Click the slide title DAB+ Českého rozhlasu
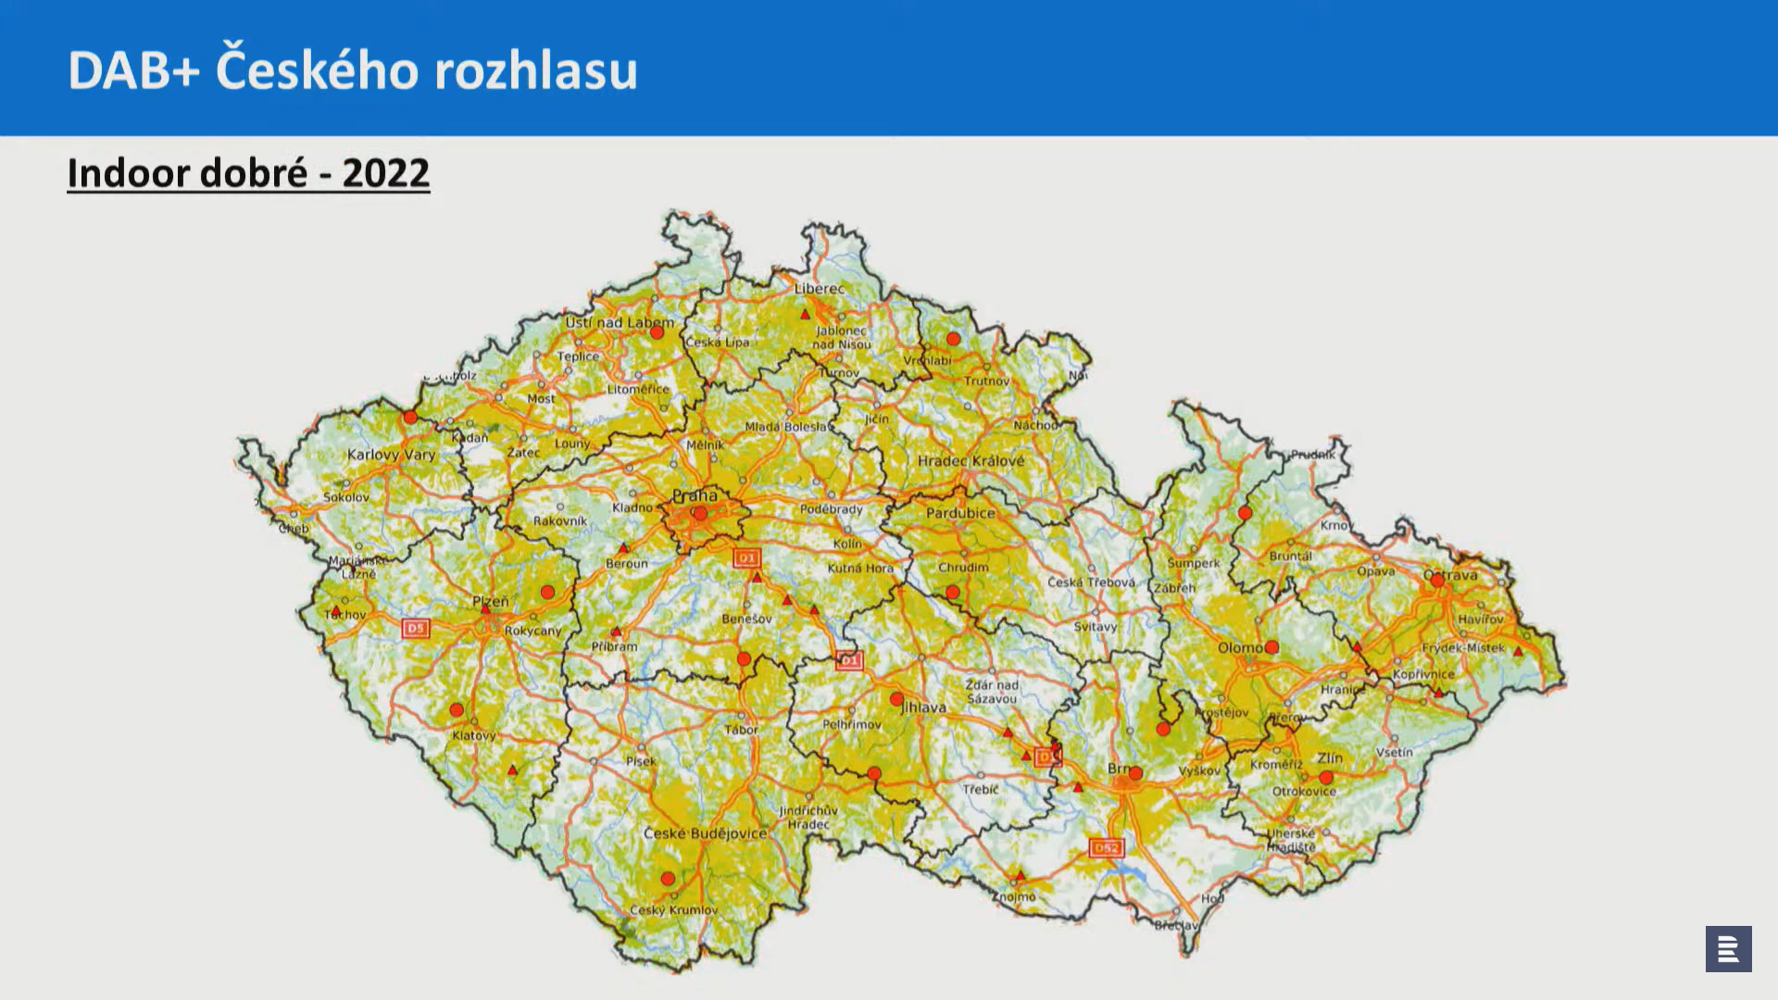click(x=353, y=70)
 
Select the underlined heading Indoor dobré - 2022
click(x=248, y=173)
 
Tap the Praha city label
click(x=695, y=495)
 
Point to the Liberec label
click(x=820, y=289)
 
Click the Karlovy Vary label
click(x=391, y=455)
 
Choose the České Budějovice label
click(x=706, y=833)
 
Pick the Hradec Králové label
click(x=970, y=461)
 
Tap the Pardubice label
click(x=960, y=513)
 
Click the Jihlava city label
click(x=924, y=707)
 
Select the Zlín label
click(x=1330, y=757)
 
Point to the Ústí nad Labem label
click(x=620, y=322)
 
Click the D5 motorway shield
click(x=416, y=629)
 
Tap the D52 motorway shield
click(x=1107, y=847)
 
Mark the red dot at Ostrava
click(x=1437, y=581)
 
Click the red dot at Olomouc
click(x=1271, y=647)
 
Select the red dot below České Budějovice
click(x=668, y=878)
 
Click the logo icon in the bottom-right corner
click(x=1728, y=949)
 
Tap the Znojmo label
click(x=1015, y=896)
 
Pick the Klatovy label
click(x=474, y=735)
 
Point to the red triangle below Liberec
click(x=806, y=315)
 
